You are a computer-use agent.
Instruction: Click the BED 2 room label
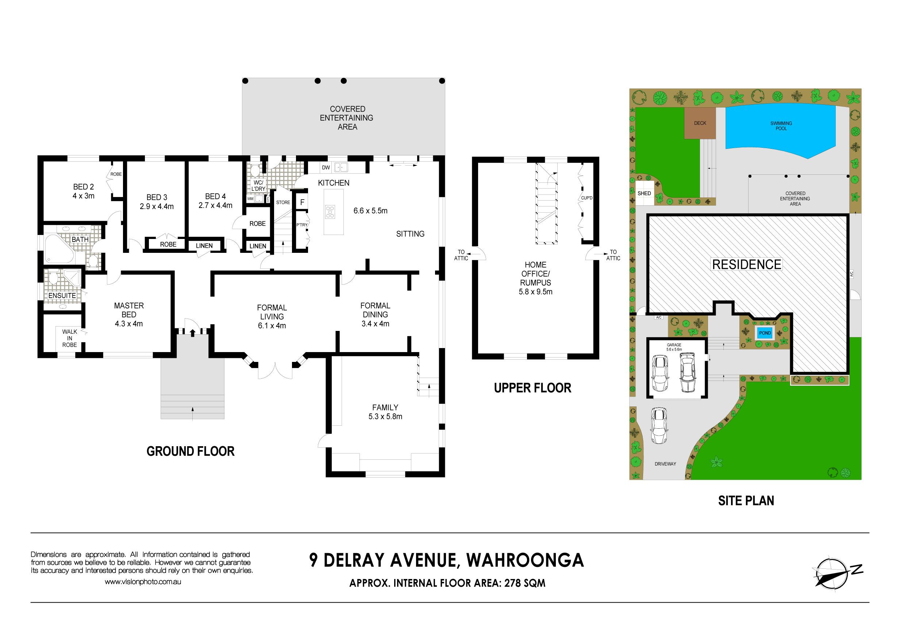[x=84, y=187]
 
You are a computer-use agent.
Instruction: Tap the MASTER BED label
[x=128, y=310]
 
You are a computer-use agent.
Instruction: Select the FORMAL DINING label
[x=375, y=310]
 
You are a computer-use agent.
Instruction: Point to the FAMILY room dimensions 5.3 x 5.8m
[x=385, y=417]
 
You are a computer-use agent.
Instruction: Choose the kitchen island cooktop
[x=330, y=212]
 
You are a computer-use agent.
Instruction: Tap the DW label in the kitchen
[x=326, y=168]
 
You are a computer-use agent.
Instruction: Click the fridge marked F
[x=302, y=202]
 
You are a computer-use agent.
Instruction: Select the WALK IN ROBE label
[x=69, y=338]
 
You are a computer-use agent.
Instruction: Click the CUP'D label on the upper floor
[x=587, y=198]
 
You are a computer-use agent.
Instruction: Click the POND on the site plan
[x=765, y=333]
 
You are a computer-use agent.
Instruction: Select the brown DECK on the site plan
[x=700, y=123]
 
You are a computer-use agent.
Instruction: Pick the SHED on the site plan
[x=645, y=193]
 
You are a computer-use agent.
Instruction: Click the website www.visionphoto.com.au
[x=143, y=582]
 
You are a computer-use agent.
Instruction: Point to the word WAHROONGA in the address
[x=525, y=560]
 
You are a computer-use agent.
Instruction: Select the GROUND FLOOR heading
[x=191, y=451]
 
